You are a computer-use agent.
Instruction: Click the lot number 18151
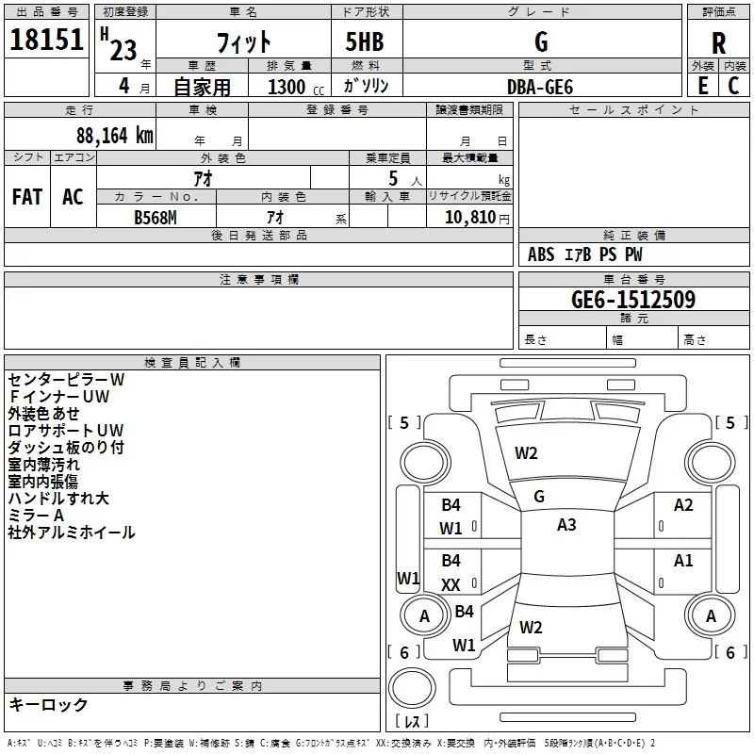point(46,40)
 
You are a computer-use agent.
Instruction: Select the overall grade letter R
point(718,43)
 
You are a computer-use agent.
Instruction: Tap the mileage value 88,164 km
point(114,136)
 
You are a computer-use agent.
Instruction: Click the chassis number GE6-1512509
point(633,300)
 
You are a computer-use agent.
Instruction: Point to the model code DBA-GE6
point(540,87)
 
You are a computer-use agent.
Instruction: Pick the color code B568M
point(156,218)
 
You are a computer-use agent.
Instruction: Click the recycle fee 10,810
point(469,217)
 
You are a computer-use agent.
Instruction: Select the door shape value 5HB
point(365,41)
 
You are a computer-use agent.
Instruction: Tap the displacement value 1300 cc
point(296,87)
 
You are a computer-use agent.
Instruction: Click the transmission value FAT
point(27,197)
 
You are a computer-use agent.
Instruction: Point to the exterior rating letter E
point(703,86)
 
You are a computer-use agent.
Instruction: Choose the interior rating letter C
point(733,86)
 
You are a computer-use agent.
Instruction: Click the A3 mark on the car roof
point(566,525)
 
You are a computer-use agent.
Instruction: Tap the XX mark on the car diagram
point(451,584)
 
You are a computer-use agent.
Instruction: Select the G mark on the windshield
point(539,497)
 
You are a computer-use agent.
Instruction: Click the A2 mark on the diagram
point(683,505)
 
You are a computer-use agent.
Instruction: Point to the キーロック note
point(48,704)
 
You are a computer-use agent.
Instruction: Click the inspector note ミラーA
point(36,515)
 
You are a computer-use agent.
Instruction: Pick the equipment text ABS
point(541,254)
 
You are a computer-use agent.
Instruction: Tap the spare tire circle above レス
point(412,687)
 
